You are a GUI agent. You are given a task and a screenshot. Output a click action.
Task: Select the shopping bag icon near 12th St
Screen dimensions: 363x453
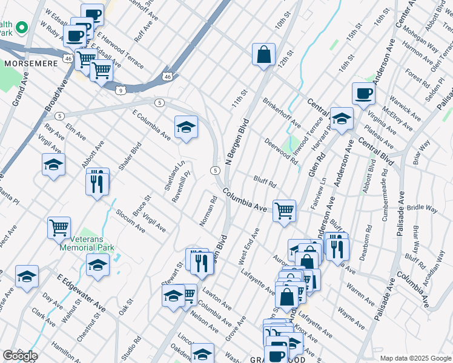pyautogui.click(x=264, y=54)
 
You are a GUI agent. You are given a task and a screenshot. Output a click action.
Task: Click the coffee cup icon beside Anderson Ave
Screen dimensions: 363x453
pyautogui.click(x=363, y=93)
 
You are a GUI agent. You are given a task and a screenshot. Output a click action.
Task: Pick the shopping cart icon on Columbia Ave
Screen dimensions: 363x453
pyautogui.click(x=284, y=211)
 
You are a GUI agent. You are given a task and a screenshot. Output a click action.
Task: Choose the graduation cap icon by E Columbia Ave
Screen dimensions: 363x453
pyautogui.click(x=186, y=127)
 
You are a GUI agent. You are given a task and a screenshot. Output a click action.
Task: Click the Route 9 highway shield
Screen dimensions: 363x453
pyautogui.click(x=122, y=90)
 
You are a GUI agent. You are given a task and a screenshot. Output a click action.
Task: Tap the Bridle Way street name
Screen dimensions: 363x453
pyautogui.click(x=422, y=208)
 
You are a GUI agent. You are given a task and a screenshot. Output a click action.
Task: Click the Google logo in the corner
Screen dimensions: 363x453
pyautogui.click(x=19, y=355)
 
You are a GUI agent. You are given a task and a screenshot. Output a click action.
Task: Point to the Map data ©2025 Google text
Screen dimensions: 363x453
pyautogui.click(x=415, y=358)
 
